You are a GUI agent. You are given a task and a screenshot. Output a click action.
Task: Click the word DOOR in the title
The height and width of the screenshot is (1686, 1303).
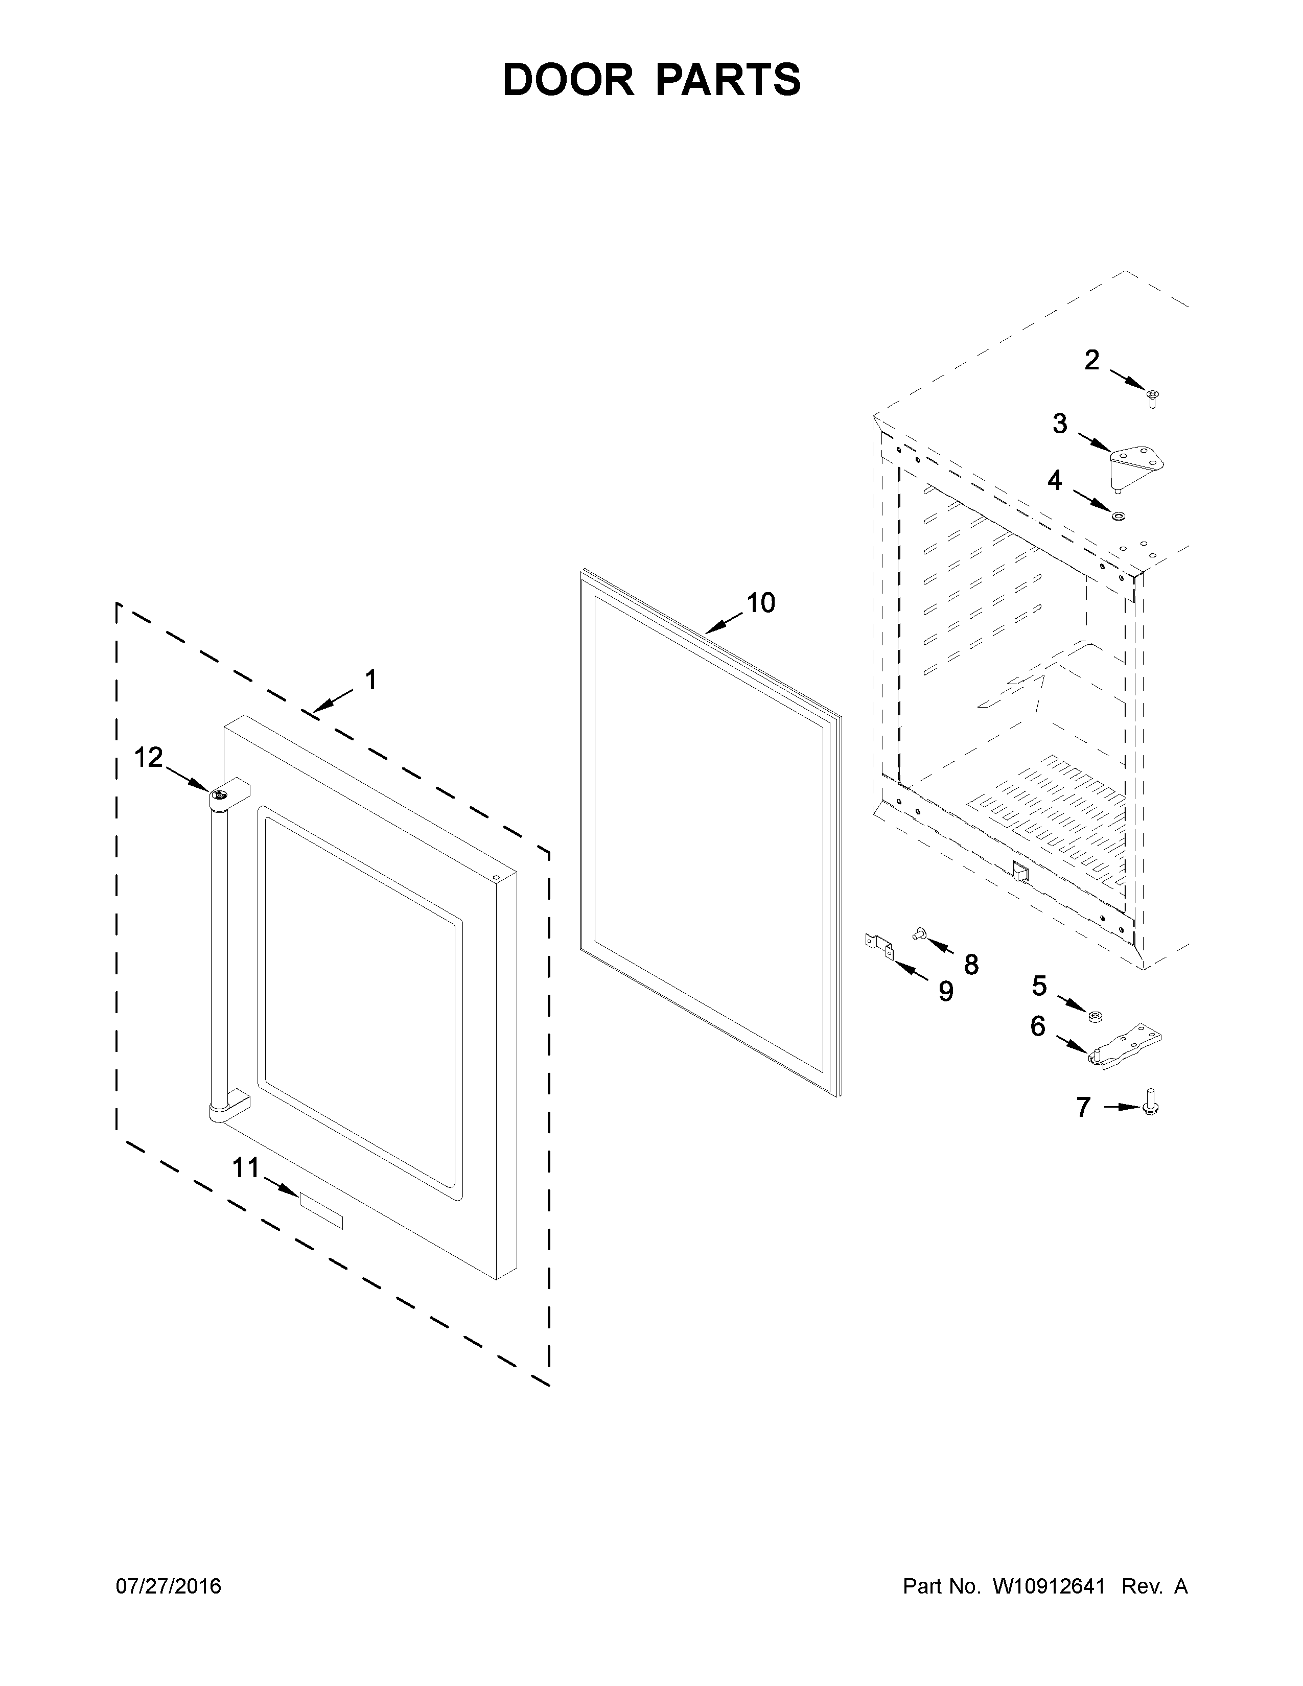567,80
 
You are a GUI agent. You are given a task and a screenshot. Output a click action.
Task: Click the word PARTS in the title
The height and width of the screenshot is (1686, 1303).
728,80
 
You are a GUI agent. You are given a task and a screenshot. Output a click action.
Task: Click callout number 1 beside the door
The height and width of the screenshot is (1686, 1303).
370,680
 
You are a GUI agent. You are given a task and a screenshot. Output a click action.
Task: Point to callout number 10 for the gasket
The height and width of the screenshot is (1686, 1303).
760,603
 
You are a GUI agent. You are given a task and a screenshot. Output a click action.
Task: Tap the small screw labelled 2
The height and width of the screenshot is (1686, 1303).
1152,399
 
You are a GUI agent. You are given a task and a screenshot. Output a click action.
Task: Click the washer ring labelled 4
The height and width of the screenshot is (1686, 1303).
1117,515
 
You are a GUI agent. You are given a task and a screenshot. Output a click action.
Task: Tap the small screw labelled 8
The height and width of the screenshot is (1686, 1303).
919,934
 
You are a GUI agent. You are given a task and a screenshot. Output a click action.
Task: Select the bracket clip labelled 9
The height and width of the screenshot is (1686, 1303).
878,947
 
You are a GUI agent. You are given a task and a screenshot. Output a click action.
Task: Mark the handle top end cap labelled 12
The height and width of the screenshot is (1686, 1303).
220,797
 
